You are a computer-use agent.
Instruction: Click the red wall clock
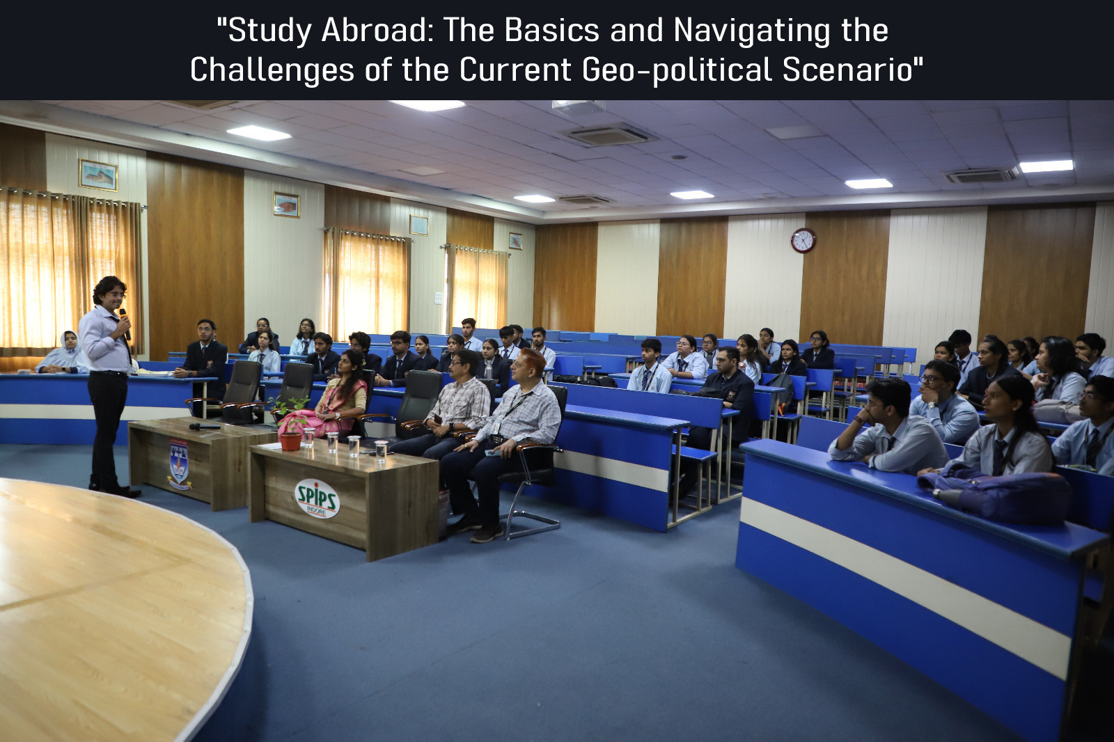tap(803, 240)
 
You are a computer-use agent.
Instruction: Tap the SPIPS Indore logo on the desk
tap(317, 498)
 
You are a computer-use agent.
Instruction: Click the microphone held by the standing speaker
tap(124, 323)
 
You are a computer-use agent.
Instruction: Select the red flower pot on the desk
tap(291, 441)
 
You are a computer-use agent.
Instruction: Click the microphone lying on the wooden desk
tap(204, 426)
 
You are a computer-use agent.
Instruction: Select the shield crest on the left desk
tap(178, 463)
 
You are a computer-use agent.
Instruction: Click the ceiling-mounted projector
tap(579, 107)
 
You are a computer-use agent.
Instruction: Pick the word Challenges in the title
tap(272, 70)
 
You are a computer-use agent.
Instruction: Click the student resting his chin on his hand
tap(888, 427)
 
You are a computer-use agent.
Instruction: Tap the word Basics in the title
tap(551, 31)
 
